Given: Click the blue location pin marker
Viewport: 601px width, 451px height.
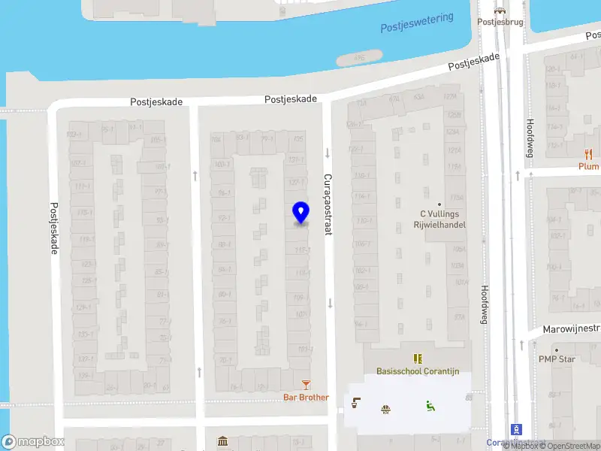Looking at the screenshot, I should coord(300,213).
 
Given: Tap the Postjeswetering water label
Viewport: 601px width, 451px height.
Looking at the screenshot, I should coord(417,23).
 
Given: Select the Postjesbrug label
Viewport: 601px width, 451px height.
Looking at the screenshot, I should coord(499,22).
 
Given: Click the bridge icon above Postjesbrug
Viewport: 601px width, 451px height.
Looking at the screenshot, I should coord(499,10).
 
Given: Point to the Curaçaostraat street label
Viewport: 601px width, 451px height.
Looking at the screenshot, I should coord(328,205).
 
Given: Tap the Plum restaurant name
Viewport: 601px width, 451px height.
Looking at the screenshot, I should coord(588,167).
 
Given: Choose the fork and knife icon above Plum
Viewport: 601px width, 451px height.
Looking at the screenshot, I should coord(587,154).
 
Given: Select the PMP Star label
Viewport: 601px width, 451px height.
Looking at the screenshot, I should coord(557,359).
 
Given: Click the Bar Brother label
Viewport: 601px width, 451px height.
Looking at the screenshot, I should coord(306,397).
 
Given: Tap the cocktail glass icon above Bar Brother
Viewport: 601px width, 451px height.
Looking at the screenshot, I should coord(306,385).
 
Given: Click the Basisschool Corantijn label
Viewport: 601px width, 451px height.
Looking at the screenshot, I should coord(417,372).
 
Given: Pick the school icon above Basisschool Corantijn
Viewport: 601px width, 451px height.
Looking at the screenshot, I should coord(417,359).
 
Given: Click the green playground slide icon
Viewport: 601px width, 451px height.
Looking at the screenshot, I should coord(430,407).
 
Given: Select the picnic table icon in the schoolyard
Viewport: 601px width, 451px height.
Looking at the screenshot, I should coord(386,408).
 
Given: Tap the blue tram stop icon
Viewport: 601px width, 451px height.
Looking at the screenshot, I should coord(516,429).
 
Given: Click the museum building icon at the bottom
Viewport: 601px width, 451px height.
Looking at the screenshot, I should coord(223,441).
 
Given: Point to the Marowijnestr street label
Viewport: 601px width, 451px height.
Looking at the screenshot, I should coord(572,328).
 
